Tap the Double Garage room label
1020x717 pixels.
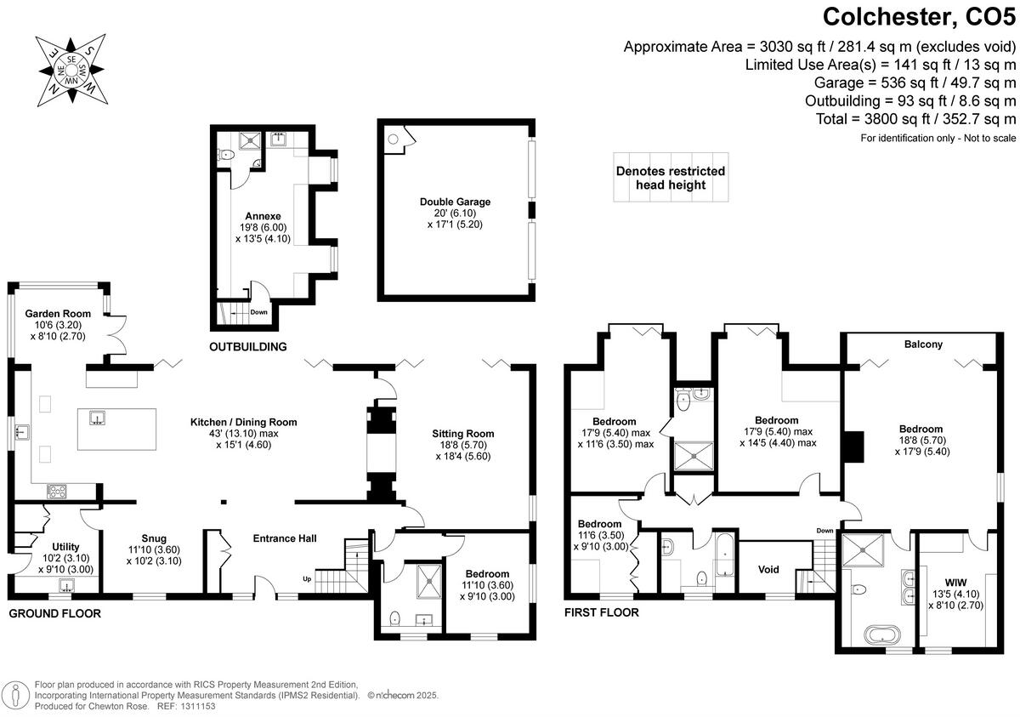pos(455,202)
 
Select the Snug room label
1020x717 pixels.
pos(154,538)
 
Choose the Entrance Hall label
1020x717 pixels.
pos(285,538)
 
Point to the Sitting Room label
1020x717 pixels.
pos(462,434)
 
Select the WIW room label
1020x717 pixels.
pos(956,582)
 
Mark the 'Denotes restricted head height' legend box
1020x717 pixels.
pos(671,178)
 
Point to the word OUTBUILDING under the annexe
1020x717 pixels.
pos(247,347)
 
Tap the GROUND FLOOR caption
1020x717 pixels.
pos(54,612)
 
